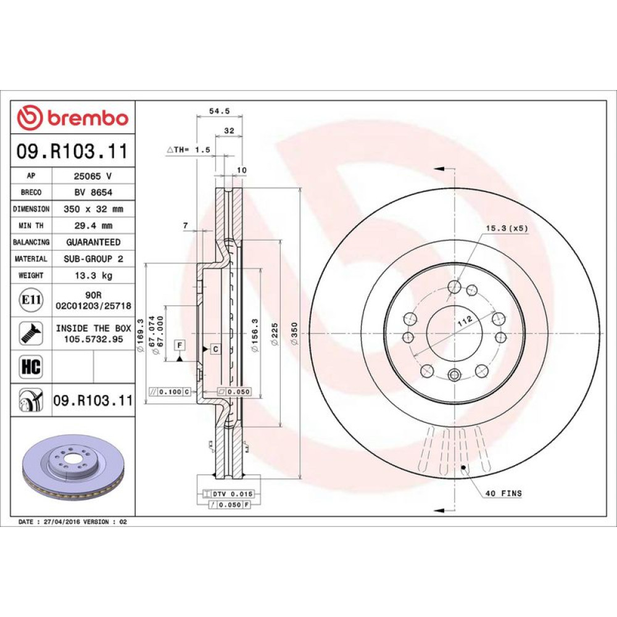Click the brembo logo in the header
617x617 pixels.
tap(73, 117)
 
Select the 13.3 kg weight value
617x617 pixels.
tap(94, 275)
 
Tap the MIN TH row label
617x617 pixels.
tap(31, 226)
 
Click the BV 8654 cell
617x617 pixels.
tap(93, 193)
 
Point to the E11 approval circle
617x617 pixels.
tap(31, 300)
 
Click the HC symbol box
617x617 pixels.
tap(31, 366)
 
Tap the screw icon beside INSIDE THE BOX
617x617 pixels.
tap(31, 333)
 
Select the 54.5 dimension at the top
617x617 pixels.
tap(219, 111)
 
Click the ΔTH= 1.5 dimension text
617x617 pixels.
tap(188, 149)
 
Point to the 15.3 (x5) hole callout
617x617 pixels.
tap(507, 228)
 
